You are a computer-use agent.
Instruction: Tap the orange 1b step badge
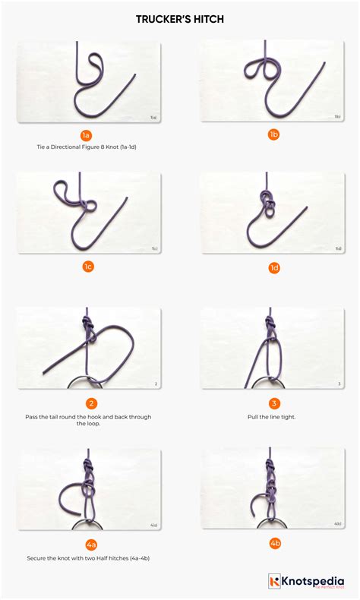pyautogui.click(x=273, y=134)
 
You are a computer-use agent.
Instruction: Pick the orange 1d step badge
pyautogui.click(x=273, y=267)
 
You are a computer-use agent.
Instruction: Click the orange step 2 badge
pyautogui.click(x=92, y=403)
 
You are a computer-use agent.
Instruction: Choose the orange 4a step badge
pyautogui.click(x=92, y=544)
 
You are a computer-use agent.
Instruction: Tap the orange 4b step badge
pyautogui.click(x=273, y=544)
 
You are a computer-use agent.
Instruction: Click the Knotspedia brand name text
pyautogui.click(x=314, y=579)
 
